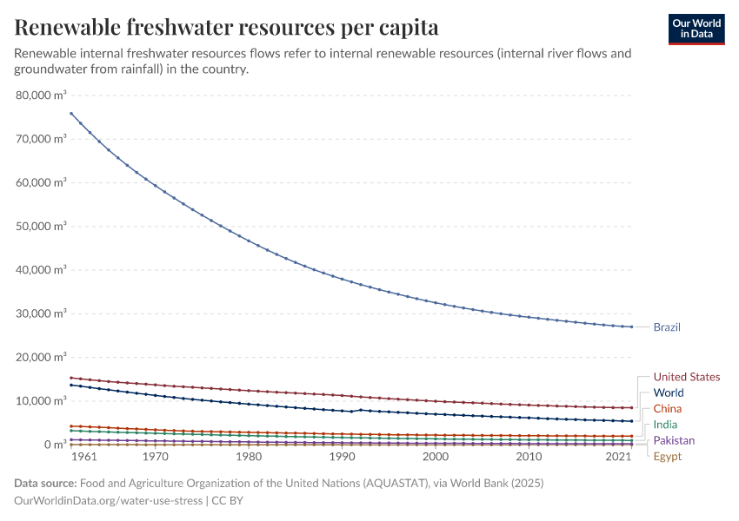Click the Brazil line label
pos(667,327)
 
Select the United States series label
pos(686,377)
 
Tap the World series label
pos(669,392)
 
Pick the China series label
pos(668,409)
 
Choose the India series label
pos(666,425)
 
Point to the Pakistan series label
pos(674,440)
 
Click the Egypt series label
pos(668,457)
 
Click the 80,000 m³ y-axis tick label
pos(42,95)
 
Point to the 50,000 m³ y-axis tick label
pos(42,226)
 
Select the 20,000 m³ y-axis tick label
pos(42,357)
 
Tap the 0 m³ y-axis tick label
pos(54,445)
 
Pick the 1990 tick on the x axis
pos(341,456)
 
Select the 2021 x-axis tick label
pos(619,456)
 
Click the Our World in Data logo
pos(696,28)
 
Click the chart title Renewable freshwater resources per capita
pos(226,28)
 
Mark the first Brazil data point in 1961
pos(71,113)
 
